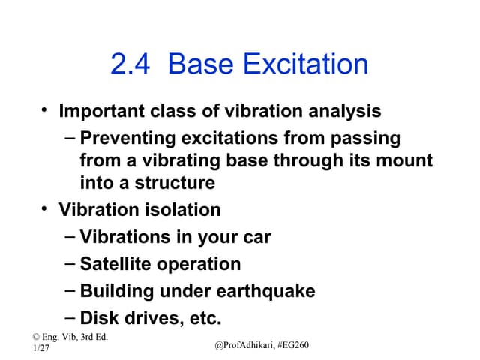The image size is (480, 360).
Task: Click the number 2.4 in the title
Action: (132, 65)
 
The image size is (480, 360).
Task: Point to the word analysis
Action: (345, 112)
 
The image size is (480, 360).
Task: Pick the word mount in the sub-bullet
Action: (406, 160)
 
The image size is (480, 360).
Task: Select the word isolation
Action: (180, 210)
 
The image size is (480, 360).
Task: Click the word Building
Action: (116, 291)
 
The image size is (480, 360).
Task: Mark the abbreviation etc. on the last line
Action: (200, 318)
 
